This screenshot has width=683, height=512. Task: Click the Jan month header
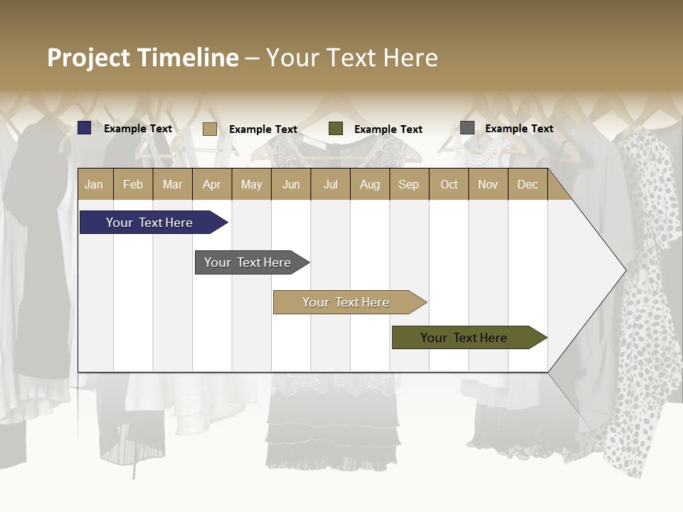(x=95, y=185)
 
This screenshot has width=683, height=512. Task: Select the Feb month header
(x=133, y=185)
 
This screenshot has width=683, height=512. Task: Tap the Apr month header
(x=212, y=185)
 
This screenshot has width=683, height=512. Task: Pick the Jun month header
(x=291, y=185)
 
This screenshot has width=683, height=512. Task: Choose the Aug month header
(x=370, y=185)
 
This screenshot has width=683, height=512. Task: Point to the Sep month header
(x=409, y=185)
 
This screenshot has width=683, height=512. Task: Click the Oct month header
(x=449, y=185)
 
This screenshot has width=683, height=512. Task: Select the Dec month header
(x=528, y=185)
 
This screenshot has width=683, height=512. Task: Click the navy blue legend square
(x=85, y=128)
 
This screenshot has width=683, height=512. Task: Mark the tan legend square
(x=210, y=129)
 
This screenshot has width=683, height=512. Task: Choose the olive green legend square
(x=336, y=129)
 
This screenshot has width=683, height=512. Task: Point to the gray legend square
(x=467, y=128)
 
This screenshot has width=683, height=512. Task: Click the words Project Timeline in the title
(x=142, y=58)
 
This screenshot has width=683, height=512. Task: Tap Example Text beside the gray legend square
(x=519, y=129)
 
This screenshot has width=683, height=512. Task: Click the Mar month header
(x=173, y=185)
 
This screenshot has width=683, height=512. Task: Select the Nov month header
(x=488, y=185)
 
